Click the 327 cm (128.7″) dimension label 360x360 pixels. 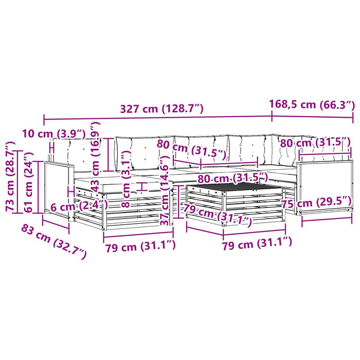162,109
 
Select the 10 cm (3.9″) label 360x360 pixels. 54,133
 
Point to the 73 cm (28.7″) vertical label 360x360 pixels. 10,176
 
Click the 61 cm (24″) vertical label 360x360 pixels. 28,182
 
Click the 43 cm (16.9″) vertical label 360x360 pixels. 96,157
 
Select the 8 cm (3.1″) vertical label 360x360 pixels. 126,179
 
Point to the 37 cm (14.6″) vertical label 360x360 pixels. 165,190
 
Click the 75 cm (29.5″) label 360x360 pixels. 316,203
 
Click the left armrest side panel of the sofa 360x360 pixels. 58,189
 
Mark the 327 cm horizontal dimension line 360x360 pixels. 158,118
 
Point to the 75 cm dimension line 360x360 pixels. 327,219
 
